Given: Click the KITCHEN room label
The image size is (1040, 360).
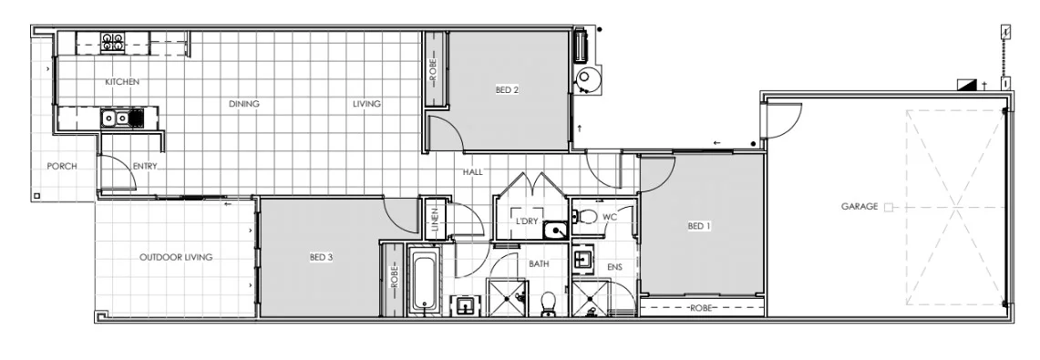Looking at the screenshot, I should (122, 82).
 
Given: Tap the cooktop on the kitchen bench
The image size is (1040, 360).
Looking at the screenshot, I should (113, 40).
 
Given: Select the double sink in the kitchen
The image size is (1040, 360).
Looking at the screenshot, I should (114, 117).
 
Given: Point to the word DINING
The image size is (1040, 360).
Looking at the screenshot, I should (243, 104).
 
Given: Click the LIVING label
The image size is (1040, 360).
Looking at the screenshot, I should (366, 104).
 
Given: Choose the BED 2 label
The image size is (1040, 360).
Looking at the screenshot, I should (507, 89).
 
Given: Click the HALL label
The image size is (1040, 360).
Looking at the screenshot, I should (472, 171).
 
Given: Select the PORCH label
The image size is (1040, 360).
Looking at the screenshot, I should (62, 166).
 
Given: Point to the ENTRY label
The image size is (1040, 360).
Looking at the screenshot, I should (145, 166).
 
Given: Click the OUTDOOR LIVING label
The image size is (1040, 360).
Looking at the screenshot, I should (176, 258).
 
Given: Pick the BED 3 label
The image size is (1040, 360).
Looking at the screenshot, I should (321, 258).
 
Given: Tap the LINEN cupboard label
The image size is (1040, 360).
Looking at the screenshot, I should (436, 219).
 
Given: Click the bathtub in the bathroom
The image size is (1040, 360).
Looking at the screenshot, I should (422, 280).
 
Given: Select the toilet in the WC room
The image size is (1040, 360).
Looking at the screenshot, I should (587, 217).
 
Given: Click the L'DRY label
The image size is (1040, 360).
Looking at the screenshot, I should (526, 221).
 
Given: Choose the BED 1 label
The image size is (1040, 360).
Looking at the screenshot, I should (698, 226).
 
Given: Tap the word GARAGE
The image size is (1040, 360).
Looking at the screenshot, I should (860, 207).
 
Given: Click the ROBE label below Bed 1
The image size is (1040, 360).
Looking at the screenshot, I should (700, 307).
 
